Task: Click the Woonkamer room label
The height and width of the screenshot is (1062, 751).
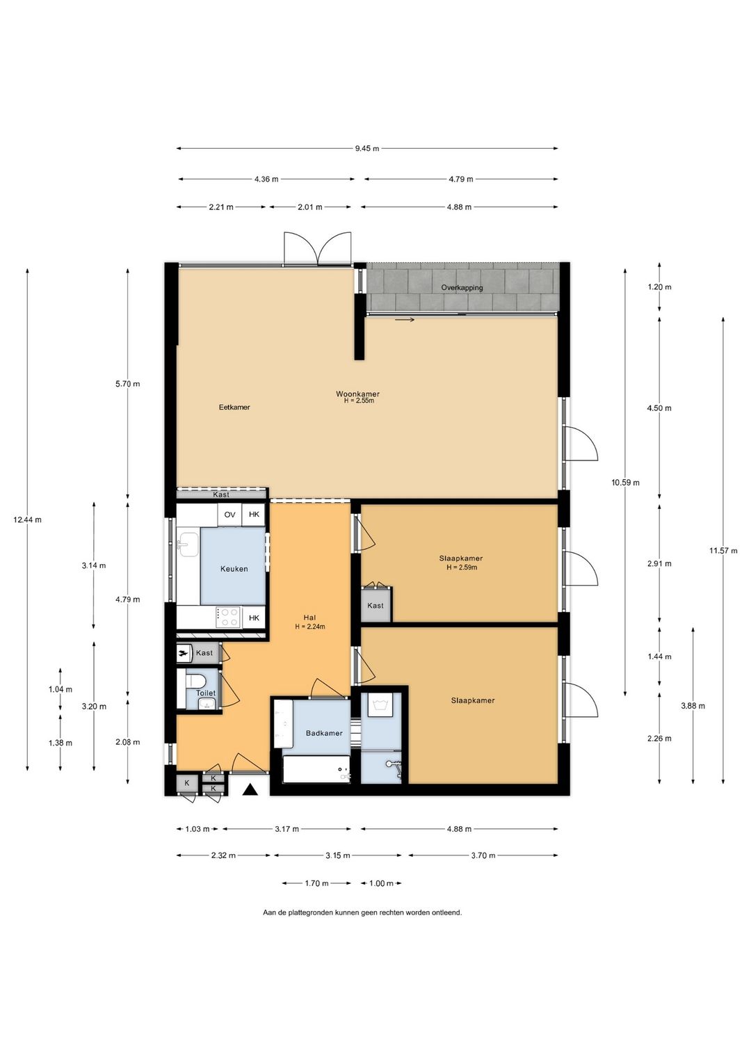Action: pyautogui.click(x=357, y=394)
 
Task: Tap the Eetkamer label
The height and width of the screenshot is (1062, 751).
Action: pyautogui.click(x=234, y=407)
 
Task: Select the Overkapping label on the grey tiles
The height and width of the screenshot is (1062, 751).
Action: pyautogui.click(x=462, y=287)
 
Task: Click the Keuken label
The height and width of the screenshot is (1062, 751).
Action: pyautogui.click(x=234, y=568)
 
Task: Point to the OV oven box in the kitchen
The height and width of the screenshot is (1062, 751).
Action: pyautogui.click(x=229, y=515)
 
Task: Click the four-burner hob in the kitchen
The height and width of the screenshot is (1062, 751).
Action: pyautogui.click(x=229, y=618)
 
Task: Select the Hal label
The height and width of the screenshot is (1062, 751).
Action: pyautogui.click(x=309, y=617)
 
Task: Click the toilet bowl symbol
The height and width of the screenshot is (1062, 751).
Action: pyautogui.click(x=195, y=681)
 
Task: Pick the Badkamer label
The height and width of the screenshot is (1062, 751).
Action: pyautogui.click(x=324, y=732)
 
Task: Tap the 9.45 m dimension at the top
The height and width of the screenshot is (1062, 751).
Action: pyautogui.click(x=367, y=148)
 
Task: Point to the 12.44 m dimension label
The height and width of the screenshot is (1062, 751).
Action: pyautogui.click(x=28, y=519)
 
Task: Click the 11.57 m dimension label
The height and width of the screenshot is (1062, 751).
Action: pyautogui.click(x=723, y=550)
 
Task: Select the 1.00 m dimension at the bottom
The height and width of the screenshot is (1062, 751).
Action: pyautogui.click(x=381, y=883)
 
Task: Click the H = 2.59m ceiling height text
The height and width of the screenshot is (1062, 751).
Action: pyautogui.click(x=461, y=567)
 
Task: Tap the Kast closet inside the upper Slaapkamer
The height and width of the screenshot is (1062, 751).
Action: pyautogui.click(x=375, y=605)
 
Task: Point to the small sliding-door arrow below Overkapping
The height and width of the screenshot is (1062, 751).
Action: pyautogui.click(x=405, y=319)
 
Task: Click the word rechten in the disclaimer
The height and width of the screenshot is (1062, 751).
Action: pyautogui.click(x=389, y=912)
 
